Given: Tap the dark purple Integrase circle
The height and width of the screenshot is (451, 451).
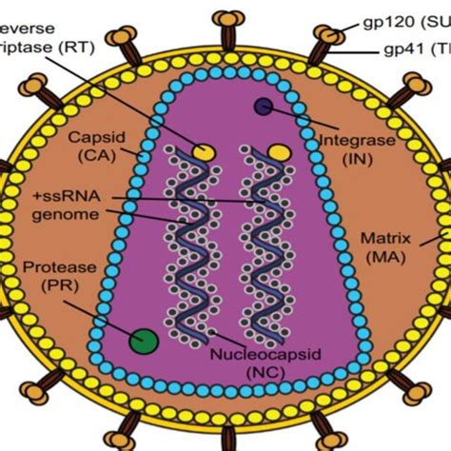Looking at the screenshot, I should (x=264, y=108).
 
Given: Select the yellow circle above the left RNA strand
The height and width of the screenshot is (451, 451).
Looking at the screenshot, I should (x=203, y=150).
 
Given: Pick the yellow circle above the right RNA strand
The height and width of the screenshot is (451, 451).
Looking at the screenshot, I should (x=278, y=150).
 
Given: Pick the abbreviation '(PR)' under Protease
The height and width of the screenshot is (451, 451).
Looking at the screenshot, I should (x=49, y=285).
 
